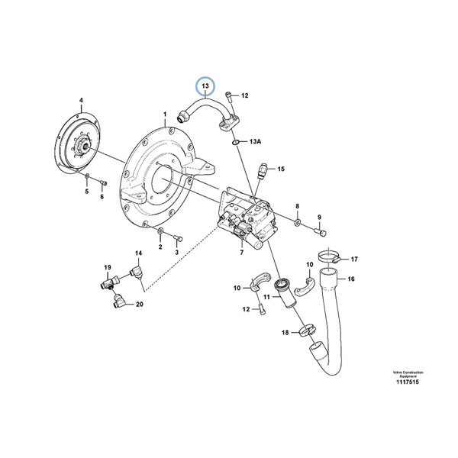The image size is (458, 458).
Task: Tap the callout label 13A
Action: (256, 142)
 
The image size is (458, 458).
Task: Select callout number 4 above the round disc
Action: (82, 99)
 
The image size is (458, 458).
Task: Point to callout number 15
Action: (281, 169)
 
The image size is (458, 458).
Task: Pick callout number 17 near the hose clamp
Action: (353, 260)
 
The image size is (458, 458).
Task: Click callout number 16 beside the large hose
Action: (351, 279)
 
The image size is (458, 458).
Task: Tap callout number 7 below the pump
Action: (241, 252)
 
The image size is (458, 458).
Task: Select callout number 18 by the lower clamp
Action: (285, 333)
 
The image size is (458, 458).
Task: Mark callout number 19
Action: (108, 267)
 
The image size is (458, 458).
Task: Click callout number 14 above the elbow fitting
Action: (139, 253)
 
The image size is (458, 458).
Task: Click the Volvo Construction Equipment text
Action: (408, 375)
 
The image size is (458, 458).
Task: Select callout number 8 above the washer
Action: (298, 206)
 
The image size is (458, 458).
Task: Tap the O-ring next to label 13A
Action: (237, 142)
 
